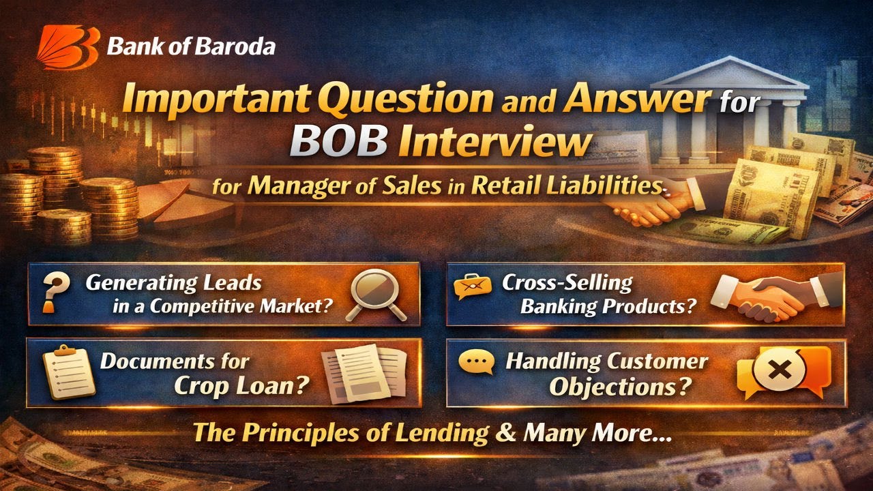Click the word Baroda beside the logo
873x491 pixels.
click(x=240, y=47)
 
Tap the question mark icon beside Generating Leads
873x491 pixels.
click(x=50, y=293)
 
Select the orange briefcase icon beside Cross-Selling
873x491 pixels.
click(x=473, y=286)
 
